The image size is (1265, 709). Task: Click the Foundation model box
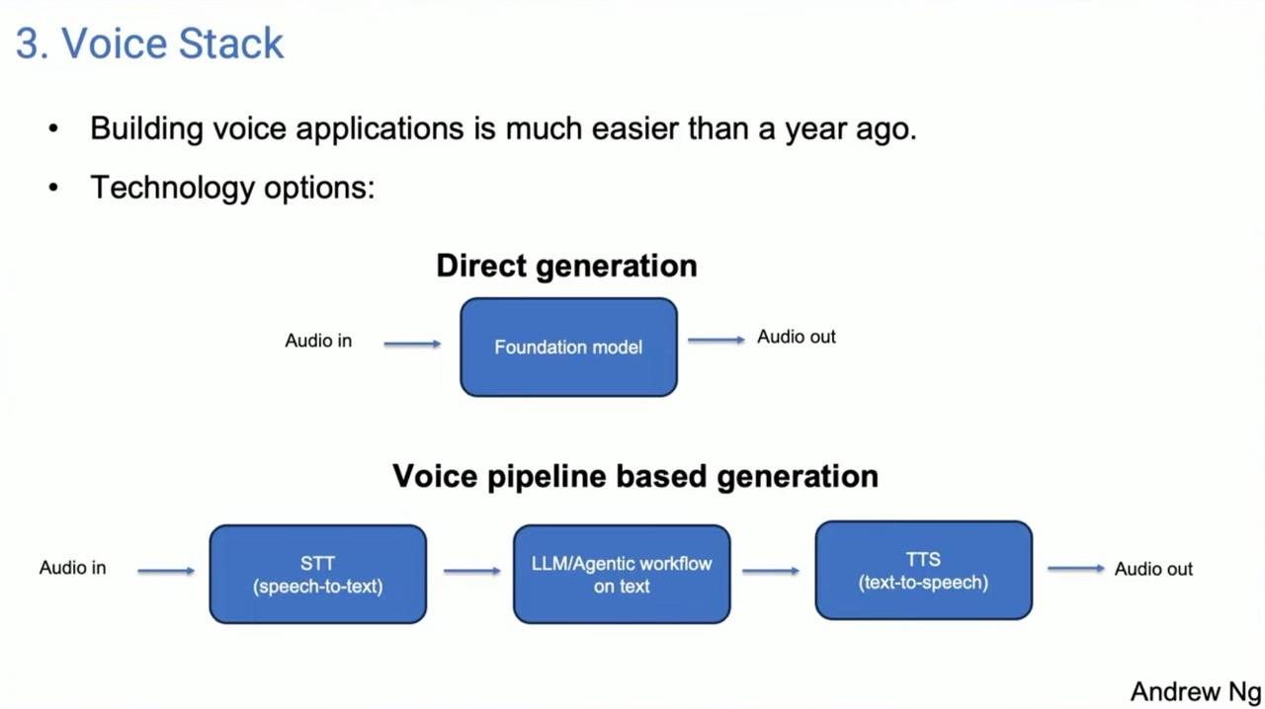point(568,348)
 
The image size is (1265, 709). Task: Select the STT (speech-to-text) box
point(318,574)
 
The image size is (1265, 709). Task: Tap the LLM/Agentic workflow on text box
point(622,574)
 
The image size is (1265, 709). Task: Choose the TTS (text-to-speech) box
point(924,570)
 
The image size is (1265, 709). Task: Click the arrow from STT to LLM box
point(472,572)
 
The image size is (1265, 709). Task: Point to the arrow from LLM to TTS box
point(771,572)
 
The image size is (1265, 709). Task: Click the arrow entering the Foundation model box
point(412,344)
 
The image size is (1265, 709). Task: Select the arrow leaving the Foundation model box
point(717,340)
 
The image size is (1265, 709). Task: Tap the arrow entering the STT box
point(166,572)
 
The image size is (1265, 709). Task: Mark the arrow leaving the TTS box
point(1076,569)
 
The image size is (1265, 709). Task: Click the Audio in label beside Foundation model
point(318,341)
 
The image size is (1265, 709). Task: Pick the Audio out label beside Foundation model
point(797,337)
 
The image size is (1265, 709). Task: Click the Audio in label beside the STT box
point(73,568)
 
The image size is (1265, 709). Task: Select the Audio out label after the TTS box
point(1153,569)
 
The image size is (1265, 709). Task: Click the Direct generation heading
point(567,266)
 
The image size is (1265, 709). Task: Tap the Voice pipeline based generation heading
point(635,476)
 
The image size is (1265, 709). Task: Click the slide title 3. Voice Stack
point(149,42)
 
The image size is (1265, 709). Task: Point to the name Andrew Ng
point(1196,691)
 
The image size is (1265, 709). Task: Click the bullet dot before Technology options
point(53,187)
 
